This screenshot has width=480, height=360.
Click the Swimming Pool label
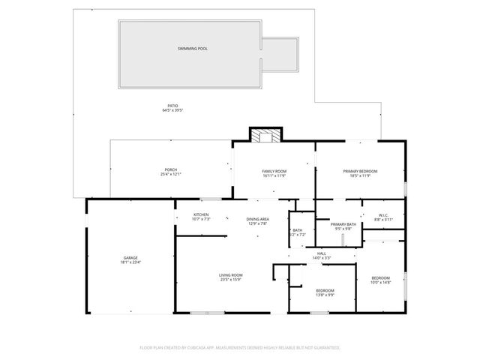point(193,49)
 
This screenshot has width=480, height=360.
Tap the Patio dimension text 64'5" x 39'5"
point(172,110)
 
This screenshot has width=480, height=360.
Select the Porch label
point(171,169)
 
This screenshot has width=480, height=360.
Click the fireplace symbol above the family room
point(262,135)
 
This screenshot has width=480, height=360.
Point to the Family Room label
point(274,172)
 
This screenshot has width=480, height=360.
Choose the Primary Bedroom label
point(360,172)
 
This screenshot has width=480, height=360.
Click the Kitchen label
point(201,214)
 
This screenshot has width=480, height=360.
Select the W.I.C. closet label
point(382,215)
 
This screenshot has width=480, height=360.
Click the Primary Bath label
point(343,225)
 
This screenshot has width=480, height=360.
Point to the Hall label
point(321,253)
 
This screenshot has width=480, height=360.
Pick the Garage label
point(130,256)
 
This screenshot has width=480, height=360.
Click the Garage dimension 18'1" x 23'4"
point(130,262)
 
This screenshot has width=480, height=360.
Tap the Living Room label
point(230,275)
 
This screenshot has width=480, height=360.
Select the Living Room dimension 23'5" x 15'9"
point(230,280)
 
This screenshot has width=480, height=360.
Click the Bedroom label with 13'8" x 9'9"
point(325,290)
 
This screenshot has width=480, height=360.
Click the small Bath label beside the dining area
point(298,230)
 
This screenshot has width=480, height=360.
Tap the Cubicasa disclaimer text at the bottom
point(240,348)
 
